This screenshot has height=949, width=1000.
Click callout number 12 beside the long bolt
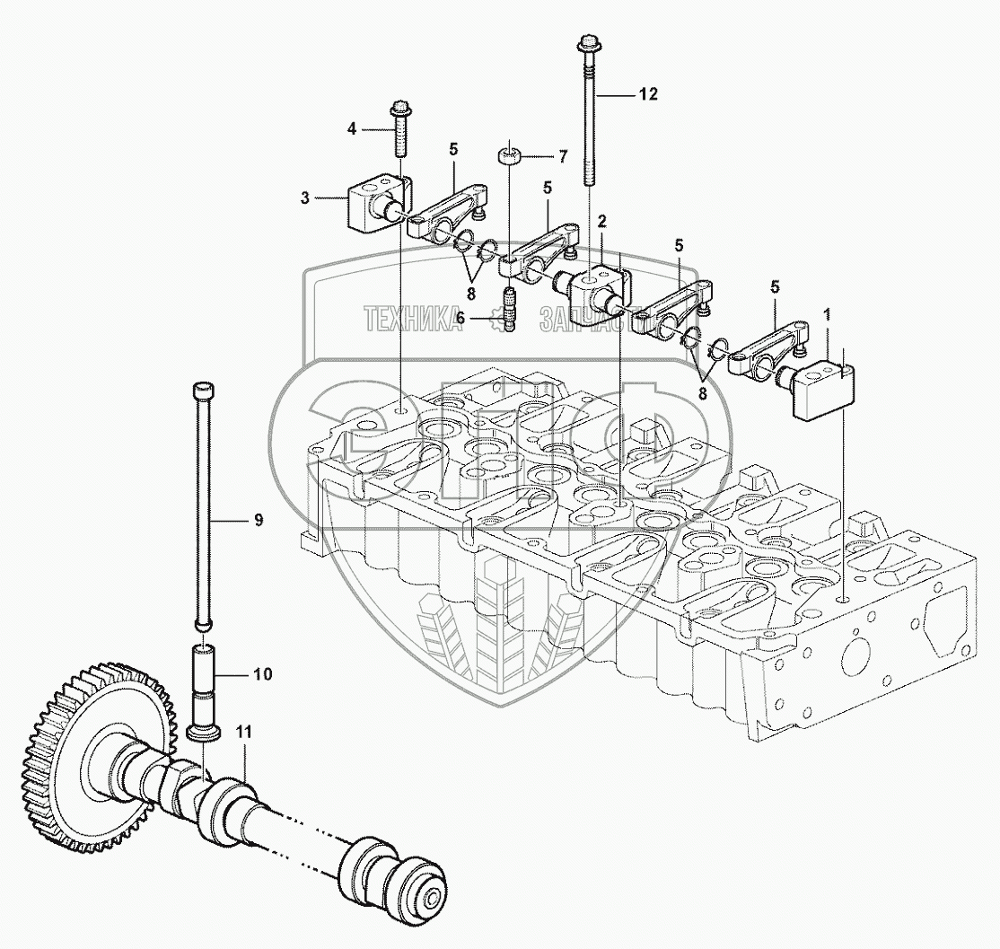pos(649,93)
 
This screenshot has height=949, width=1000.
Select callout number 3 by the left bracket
pos(305,198)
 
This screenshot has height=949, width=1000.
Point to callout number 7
pos(563,157)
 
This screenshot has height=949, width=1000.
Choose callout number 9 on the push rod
pos(258,518)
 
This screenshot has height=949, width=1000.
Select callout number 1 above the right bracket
pos(826,314)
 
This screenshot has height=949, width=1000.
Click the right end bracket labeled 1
pos(824,387)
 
